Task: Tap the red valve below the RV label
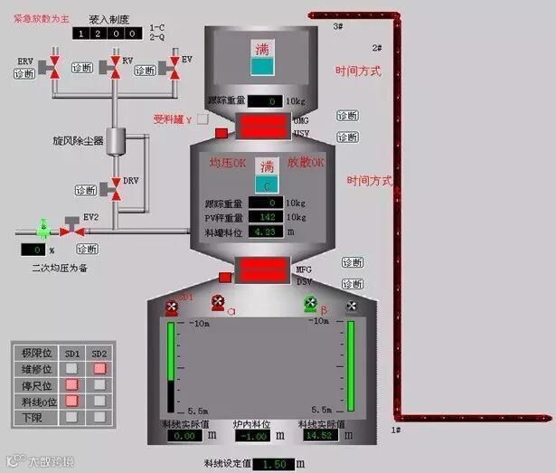click(x=115, y=68)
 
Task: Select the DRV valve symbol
click(x=115, y=187)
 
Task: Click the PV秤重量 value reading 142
click(x=267, y=217)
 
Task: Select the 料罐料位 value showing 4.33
click(x=267, y=232)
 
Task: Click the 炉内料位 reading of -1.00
click(x=253, y=436)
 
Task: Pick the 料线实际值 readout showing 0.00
click(x=183, y=436)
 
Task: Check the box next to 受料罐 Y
click(x=203, y=118)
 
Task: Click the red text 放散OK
click(x=306, y=165)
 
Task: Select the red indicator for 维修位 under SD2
click(x=100, y=368)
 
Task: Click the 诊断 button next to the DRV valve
click(x=86, y=190)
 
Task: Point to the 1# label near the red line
click(x=395, y=430)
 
